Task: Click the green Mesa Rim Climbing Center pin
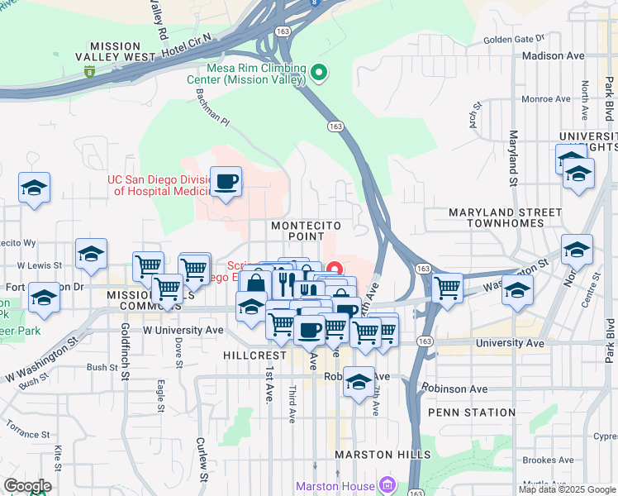click(x=320, y=74)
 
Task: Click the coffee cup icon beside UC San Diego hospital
click(x=226, y=182)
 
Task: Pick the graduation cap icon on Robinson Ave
click(x=359, y=382)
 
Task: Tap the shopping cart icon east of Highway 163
click(x=447, y=289)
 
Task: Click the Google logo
click(x=27, y=486)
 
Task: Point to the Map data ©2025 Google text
click(x=567, y=489)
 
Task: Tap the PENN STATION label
click(x=472, y=413)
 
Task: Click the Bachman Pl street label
click(x=212, y=106)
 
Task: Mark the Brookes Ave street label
click(x=548, y=460)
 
